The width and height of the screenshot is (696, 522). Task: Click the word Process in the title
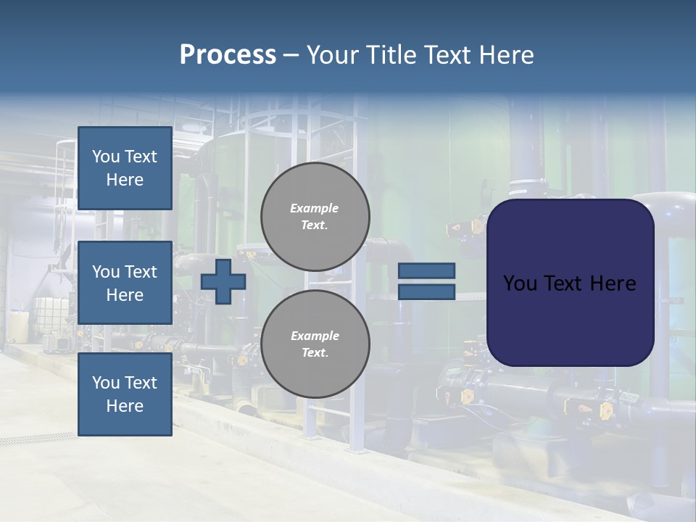click(228, 55)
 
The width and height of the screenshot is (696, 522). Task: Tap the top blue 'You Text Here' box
click(125, 168)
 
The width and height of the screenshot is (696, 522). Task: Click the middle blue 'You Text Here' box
click(125, 283)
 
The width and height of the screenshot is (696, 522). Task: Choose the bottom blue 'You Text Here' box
click(125, 394)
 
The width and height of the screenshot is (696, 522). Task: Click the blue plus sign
click(223, 281)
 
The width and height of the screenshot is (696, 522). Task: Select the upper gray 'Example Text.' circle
click(315, 216)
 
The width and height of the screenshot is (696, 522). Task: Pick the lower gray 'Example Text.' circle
click(315, 344)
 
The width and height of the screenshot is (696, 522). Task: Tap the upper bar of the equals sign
click(426, 270)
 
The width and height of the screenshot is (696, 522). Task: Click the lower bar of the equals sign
click(426, 291)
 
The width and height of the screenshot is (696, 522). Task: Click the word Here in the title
click(502, 55)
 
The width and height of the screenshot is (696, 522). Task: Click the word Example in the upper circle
click(315, 208)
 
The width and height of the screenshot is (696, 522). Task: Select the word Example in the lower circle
click(315, 336)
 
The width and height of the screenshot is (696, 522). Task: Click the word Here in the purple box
click(613, 283)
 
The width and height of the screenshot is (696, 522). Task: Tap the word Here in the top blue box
click(125, 180)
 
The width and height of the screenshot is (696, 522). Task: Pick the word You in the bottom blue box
click(106, 382)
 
